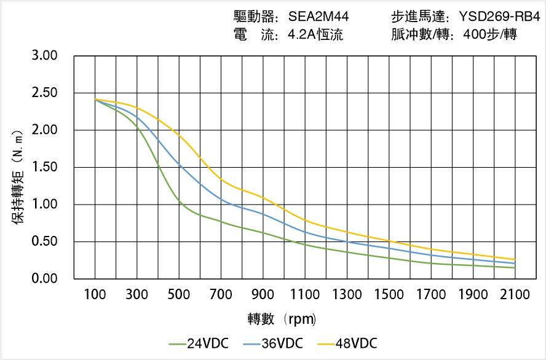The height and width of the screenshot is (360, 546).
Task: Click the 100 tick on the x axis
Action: tap(95, 294)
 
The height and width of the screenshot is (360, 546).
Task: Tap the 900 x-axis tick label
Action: tap(263, 294)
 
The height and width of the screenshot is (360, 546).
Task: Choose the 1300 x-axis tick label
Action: tap(347, 294)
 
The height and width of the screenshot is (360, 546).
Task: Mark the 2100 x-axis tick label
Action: tap(515, 294)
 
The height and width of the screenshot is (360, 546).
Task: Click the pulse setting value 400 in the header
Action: tap(467, 34)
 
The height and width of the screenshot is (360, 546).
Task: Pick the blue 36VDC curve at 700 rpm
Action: tap(221, 199)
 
